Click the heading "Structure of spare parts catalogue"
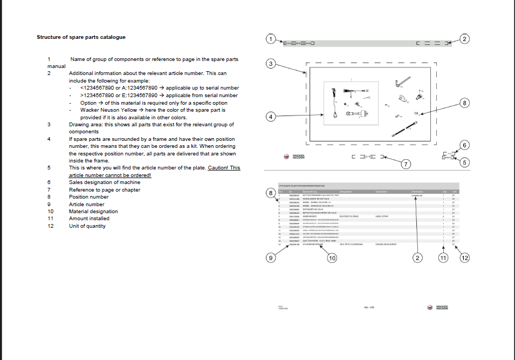81,37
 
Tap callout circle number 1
272,39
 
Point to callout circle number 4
272,117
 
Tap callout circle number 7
407,164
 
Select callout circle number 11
443,258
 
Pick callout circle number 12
465,258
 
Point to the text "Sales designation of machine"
105,182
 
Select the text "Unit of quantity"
87,226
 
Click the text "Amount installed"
89,219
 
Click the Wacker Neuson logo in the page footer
438,308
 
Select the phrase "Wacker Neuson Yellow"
108,110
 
